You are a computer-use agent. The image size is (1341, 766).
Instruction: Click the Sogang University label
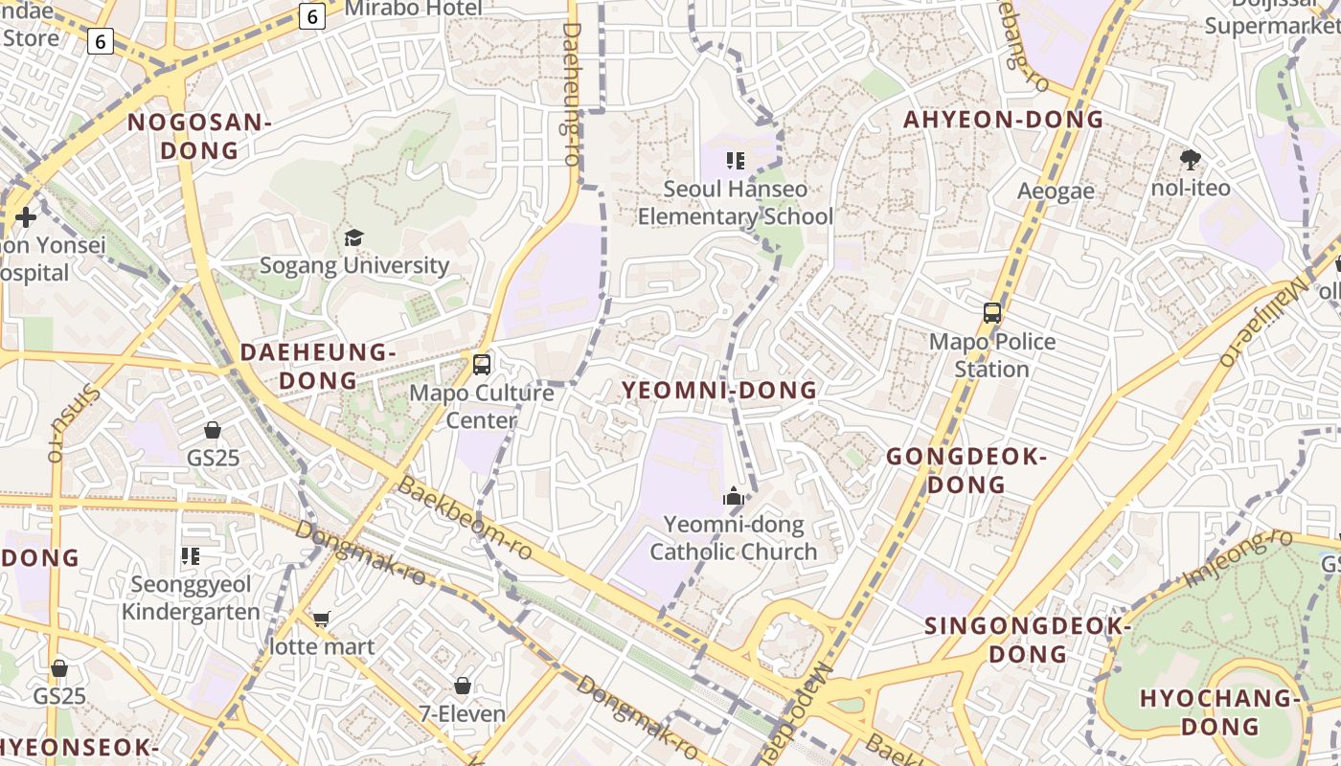(354, 265)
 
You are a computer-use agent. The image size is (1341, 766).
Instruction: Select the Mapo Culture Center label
(482, 406)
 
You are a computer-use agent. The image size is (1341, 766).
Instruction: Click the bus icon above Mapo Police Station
(992, 313)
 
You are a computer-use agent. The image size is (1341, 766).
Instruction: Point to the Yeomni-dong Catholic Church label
(734, 538)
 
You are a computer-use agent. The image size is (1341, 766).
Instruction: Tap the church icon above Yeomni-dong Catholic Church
(734, 496)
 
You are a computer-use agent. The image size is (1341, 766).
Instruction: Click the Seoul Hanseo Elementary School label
(736, 203)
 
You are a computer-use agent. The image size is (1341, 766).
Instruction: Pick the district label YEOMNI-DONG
(720, 390)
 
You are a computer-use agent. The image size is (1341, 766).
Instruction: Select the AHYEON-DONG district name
(1004, 120)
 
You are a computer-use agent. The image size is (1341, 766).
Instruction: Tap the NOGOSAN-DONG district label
(200, 136)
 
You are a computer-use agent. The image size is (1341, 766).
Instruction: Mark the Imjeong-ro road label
(1239, 558)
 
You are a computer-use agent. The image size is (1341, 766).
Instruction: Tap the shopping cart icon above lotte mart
(322, 619)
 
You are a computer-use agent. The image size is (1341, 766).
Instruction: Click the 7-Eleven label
(463, 713)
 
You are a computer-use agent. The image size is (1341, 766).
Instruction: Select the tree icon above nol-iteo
(1191, 159)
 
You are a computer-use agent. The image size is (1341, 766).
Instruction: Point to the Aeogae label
(1056, 191)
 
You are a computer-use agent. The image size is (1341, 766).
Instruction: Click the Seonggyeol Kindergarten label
(191, 597)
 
